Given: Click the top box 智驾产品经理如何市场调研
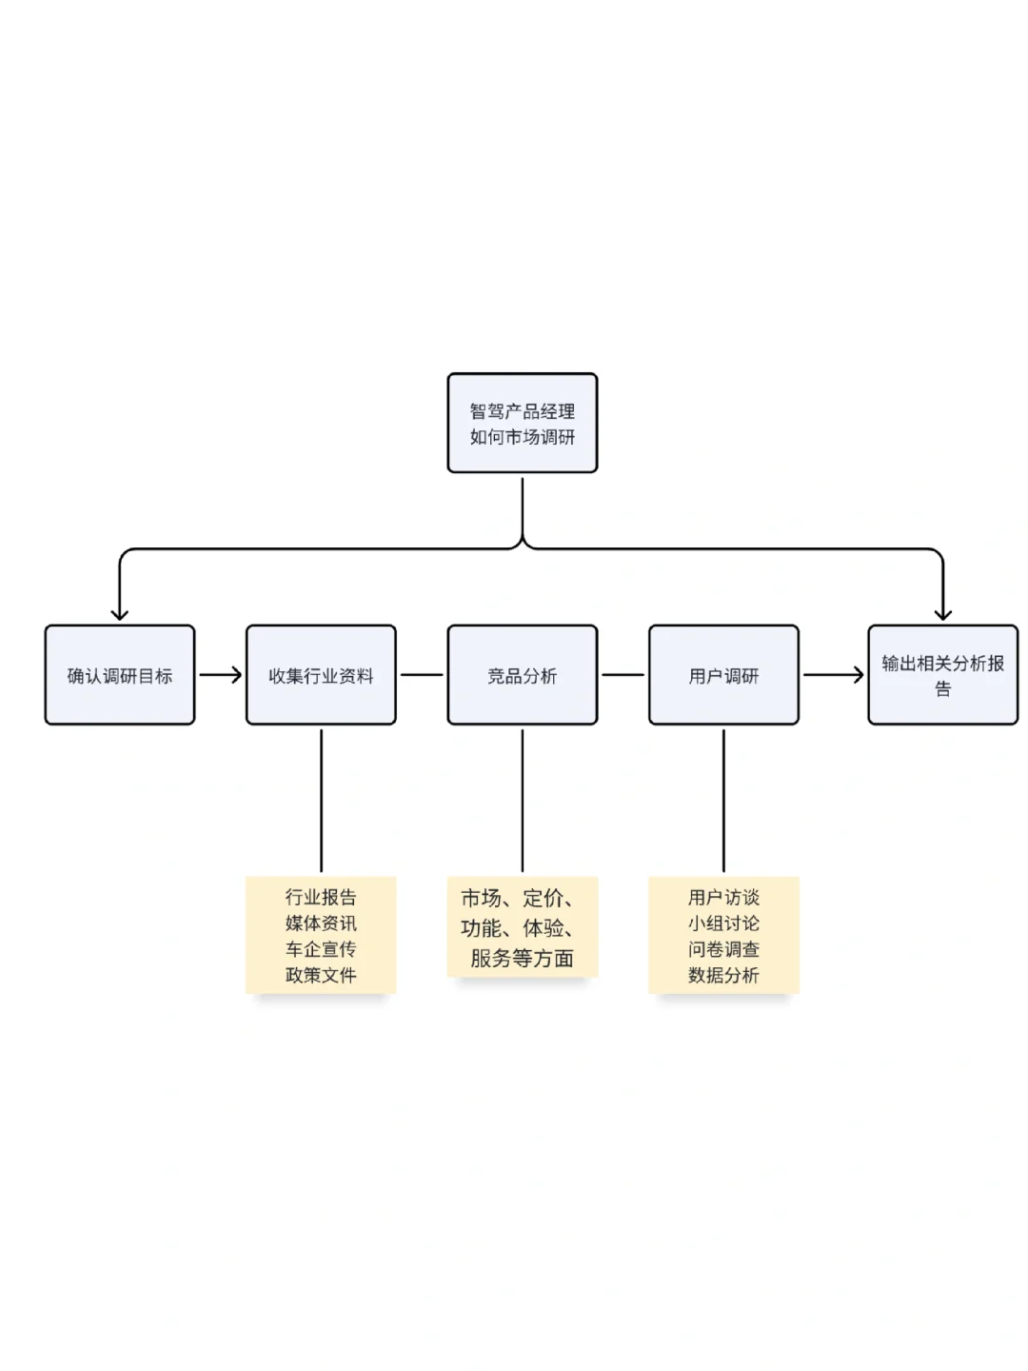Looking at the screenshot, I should click(522, 423).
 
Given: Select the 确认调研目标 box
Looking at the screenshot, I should click(120, 675).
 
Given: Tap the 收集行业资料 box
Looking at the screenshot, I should click(321, 675).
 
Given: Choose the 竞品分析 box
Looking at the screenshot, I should click(522, 675).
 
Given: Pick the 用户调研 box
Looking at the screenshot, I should click(723, 675).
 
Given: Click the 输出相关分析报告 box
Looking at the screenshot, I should click(942, 675).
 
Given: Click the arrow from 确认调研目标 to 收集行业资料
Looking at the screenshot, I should click(221, 675).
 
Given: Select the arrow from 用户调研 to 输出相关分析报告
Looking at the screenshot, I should click(833, 675).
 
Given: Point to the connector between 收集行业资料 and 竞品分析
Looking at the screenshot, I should click(422, 675).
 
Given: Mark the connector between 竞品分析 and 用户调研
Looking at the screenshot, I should click(623, 675).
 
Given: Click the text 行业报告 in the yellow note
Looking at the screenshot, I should click(321, 897).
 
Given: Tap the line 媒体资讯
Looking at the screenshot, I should click(321, 923).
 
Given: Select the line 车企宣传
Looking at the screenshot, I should click(321, 949).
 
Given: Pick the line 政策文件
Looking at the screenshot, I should click(321, 975).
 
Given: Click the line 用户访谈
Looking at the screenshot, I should click(723, 897).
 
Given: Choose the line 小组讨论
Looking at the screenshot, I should click(723, 923).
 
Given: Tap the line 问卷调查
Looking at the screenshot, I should click(723, 949).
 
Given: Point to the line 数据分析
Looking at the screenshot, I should click(723, 975).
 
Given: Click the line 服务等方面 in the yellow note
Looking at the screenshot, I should click(522, 958).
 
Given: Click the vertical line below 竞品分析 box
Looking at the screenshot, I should click(522, 800).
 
